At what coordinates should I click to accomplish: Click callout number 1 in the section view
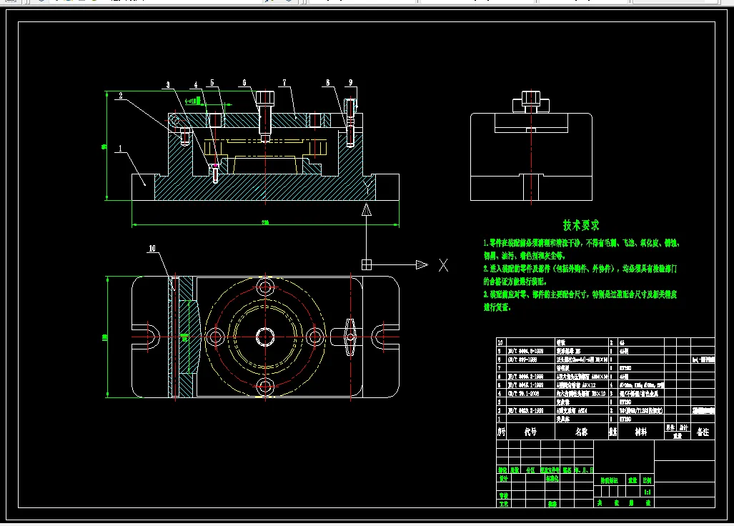pos(120,149)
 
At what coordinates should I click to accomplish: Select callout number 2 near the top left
pos(121,95)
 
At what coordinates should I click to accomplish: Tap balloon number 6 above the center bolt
pos(244,83)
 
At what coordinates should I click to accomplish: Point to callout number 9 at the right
pos(350,83)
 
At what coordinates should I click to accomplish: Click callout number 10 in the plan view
pos(152,249)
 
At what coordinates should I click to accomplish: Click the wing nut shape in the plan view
pos(350,333)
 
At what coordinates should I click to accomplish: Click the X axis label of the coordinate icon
pos(443,265)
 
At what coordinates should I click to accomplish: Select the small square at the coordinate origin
pos(367,264)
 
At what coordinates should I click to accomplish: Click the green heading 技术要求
pos(580,226)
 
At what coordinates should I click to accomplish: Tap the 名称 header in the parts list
pos(580,432)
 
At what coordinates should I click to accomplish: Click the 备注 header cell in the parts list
pos(703,432)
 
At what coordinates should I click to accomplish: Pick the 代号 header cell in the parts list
pos(530,432)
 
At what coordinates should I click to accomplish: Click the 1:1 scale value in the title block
pos(647,492)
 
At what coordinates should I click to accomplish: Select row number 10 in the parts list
pos(500,342)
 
